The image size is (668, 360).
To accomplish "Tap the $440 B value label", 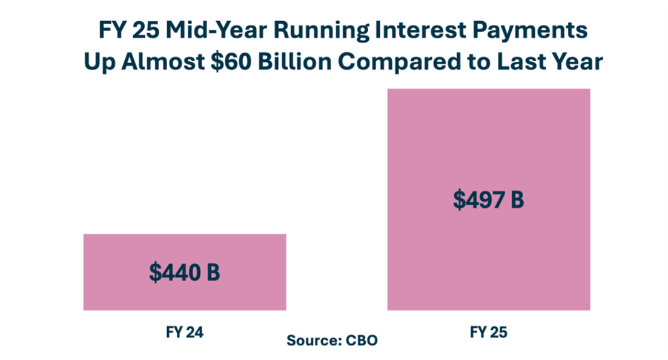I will (x=184, y=273).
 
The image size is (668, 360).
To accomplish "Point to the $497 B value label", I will (x=488, y=199).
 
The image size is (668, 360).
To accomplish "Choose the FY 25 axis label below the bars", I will (x=488, y=332).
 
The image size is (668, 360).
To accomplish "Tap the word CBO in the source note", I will (x=363, y=340).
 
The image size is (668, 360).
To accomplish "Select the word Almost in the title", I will (x=180, y=62).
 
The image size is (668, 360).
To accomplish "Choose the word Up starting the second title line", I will (x=100, y=63).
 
